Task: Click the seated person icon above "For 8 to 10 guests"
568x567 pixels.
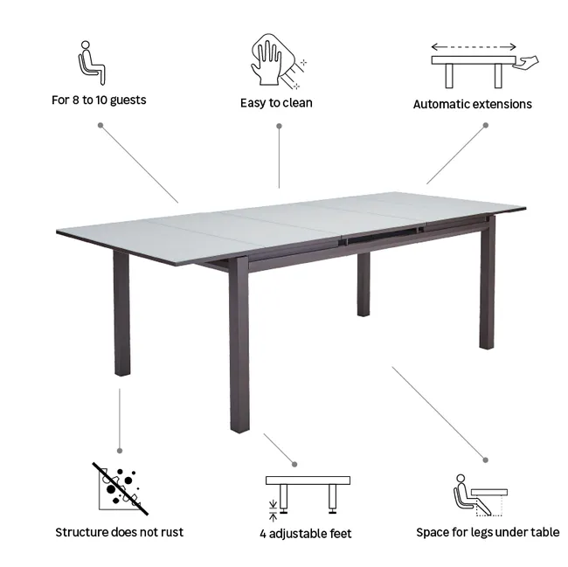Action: point(91,63)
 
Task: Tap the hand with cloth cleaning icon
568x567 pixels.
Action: point(278,61)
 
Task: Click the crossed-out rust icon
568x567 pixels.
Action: point(120,488)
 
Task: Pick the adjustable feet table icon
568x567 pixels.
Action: point(308,497)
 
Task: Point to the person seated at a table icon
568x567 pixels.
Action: point(481,495)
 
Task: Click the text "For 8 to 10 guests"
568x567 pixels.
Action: point(99,100)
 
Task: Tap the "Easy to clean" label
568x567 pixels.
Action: point(276,103)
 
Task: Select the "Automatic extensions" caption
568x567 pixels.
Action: point(473,104)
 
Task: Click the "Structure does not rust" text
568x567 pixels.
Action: point(120,532)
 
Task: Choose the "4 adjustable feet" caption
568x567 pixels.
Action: point(305,534)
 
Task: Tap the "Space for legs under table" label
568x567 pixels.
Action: point(488,532)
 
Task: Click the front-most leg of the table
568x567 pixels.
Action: point(239,344)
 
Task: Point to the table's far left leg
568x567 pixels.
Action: point(121,313)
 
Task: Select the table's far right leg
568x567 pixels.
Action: point(488,282)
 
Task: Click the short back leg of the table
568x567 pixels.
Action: point(364,285)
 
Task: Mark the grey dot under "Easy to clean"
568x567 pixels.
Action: point(279,126)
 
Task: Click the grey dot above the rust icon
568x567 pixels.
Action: point(120,451)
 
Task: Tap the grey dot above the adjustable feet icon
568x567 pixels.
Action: point(294,464)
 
